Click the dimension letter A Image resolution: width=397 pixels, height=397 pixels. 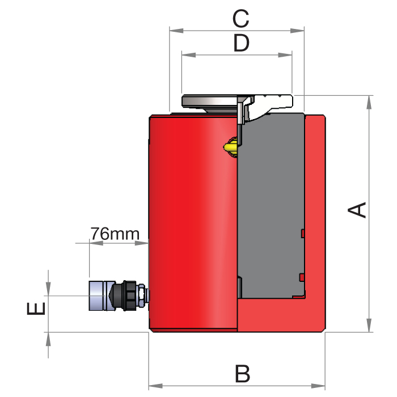pos(357,209)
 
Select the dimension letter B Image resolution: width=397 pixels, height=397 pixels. pos(243,374)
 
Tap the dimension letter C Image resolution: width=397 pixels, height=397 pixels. pos(241,19)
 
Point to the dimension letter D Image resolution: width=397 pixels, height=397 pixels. pos(241,43)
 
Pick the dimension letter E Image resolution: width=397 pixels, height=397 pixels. pos(36,309)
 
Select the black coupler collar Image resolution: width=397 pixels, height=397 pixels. pos(126,295)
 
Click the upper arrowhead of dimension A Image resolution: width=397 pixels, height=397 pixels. pos(369,100)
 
